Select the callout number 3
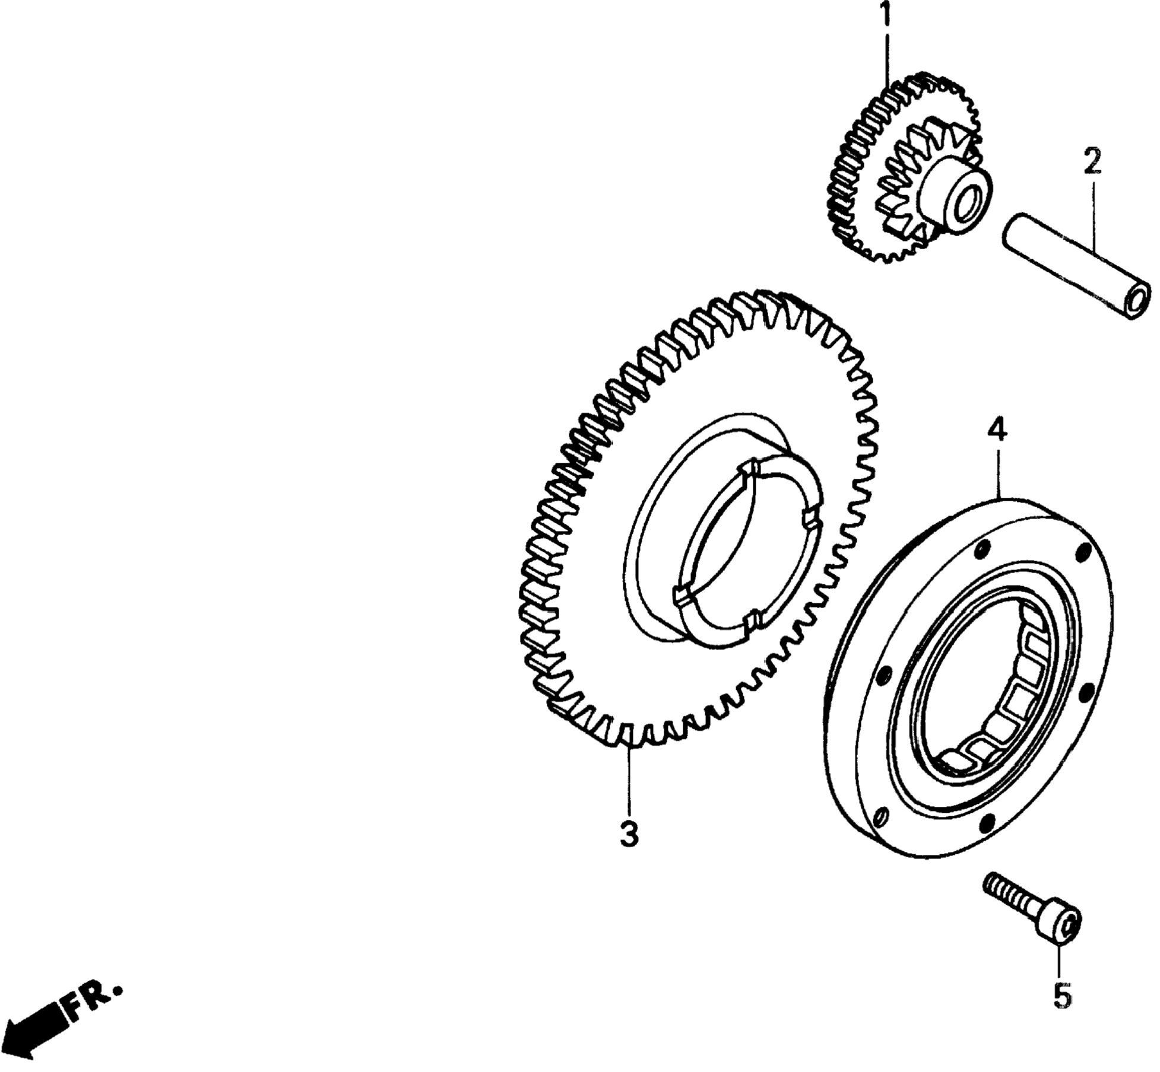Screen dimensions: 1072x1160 pos(629,834)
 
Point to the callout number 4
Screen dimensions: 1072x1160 pos(997,430)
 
